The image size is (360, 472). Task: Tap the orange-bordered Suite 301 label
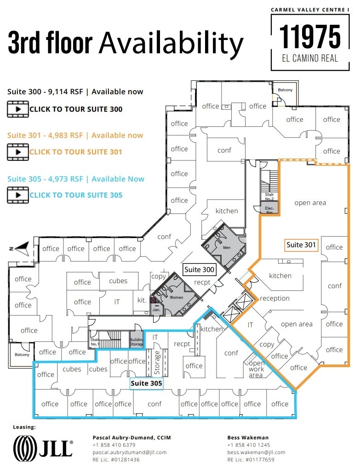(x=301, y=245)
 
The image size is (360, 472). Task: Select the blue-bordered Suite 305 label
(x=146, y=383)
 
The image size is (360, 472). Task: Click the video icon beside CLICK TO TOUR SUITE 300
(x=18, y=109)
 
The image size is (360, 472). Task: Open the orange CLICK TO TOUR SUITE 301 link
(x=76, y=152)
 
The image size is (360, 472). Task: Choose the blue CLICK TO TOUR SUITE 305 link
(x=76, y=195)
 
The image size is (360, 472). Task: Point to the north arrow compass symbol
(x=21, y=248)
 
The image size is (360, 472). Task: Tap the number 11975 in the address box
(x=310, y=37)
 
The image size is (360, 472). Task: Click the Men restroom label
(x=226, y=248)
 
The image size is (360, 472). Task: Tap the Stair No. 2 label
(x=269, y=197)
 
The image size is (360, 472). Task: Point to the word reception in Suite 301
(x=274, y=298)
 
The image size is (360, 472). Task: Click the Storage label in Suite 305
(x=156, y=363)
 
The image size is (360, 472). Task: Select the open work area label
(x=256, y=369)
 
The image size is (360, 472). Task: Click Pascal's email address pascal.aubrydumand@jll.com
(x=129, y=452)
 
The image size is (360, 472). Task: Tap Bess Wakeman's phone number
(x=248, y=445)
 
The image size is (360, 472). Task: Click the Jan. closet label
(x=157, y=310)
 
